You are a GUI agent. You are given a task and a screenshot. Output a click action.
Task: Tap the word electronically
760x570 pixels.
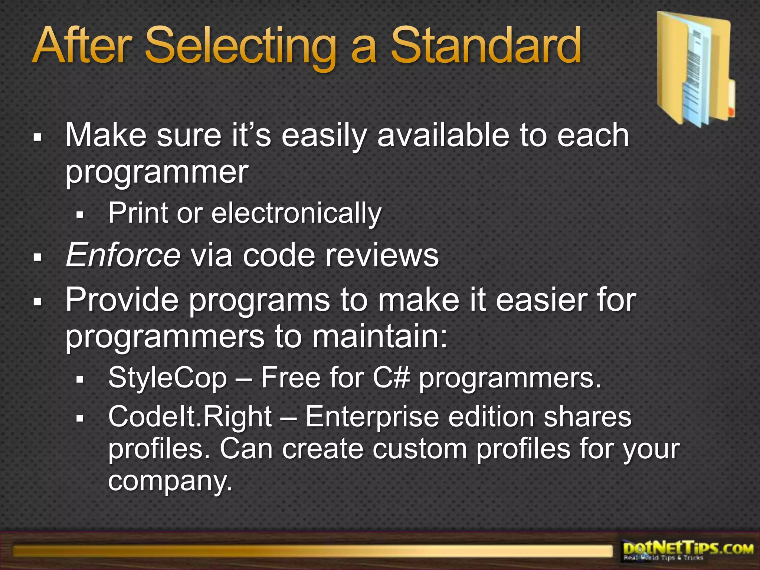point(296,213)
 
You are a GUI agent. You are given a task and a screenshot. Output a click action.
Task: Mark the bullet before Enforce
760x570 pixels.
point(37,257)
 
